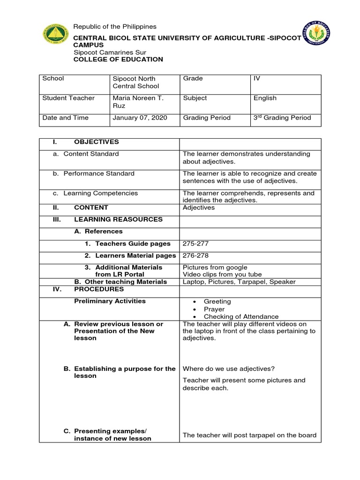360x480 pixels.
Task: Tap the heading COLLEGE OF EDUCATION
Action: tap(118, 60)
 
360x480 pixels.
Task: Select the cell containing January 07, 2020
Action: tap(139, 118)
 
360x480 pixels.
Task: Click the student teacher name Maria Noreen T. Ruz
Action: tap(136, 102)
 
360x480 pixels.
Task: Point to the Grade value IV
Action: tap(257, 78)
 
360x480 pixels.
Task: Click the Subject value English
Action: tap(265, 98)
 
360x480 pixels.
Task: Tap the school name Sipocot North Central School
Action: tap(136, 82)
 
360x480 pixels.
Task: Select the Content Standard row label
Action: tap(91, 154)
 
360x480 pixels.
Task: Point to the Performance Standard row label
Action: tap(98, 173)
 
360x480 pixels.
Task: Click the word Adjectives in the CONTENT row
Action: tap(199, 207)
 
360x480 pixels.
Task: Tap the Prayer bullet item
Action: tap(214, 309)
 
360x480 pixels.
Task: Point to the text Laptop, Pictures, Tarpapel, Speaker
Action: tap(239, 282)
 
